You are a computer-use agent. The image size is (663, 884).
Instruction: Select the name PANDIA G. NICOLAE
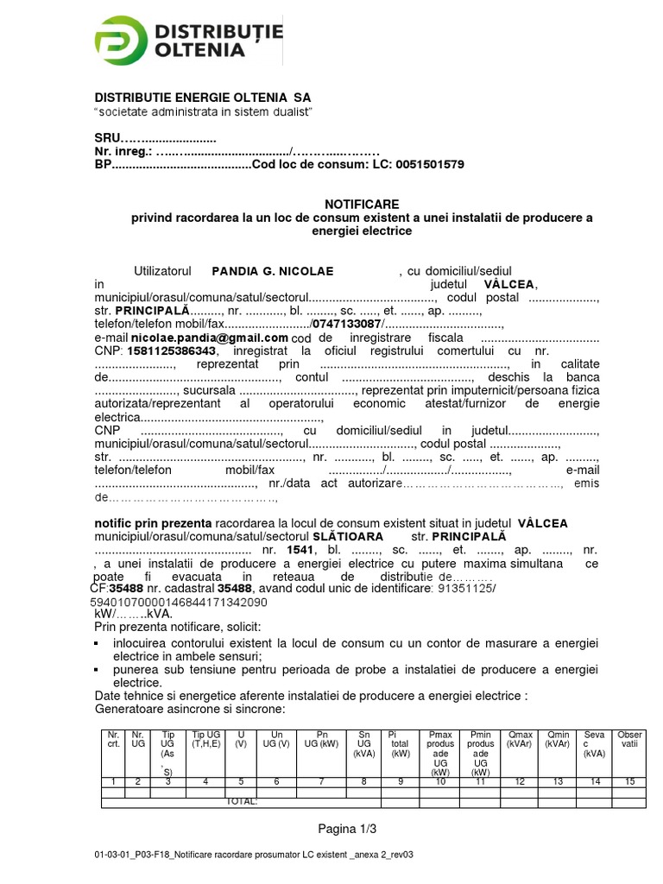272,271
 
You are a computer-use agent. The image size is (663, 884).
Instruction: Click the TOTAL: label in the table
241,802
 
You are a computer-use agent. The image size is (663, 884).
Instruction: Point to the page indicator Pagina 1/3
347,830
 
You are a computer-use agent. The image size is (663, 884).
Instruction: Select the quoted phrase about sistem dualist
202,113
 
